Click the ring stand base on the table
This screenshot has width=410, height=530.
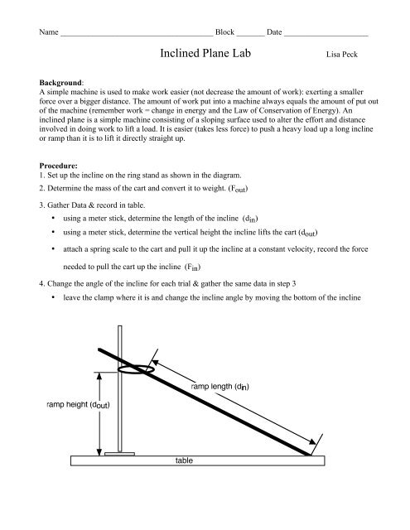pyautogui.click(x=120, y=453)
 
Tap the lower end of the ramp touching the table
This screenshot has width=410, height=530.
pyautogui.click(x=309, y=452)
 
